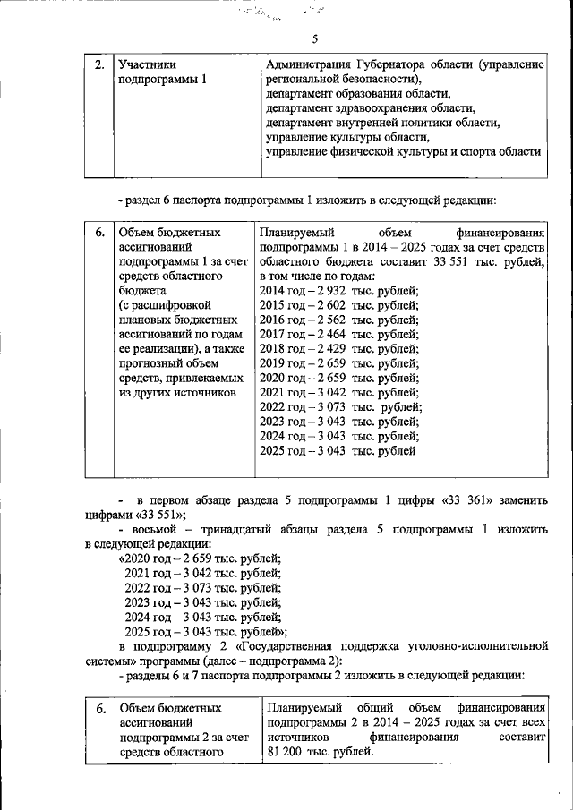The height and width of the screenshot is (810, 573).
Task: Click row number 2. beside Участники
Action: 99,64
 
